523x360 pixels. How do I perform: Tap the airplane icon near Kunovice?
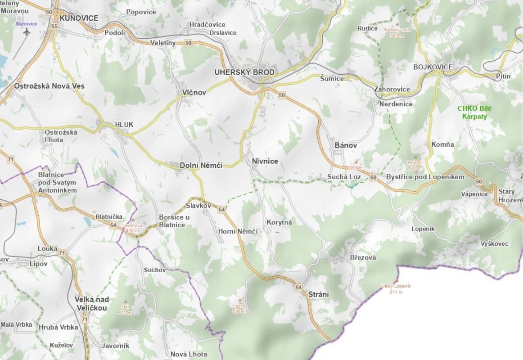coord(27,32)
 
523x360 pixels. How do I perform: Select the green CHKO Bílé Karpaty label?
coord(472,112)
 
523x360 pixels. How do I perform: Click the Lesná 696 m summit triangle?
coord(239,300)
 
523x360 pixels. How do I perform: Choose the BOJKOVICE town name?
coord(433,67)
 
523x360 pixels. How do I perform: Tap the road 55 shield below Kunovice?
coord(54,27)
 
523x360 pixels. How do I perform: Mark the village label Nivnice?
coord(265,161)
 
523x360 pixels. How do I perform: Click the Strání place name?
coord(318,294)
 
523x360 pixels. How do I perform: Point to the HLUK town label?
coord(124,125)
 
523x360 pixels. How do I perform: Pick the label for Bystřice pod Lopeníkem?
coord(425,177)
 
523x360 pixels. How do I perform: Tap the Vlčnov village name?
coord(194,92)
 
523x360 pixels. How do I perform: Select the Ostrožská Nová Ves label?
coord(49,85)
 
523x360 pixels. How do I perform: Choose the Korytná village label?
coord(279,222)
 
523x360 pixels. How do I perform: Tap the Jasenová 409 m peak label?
coord(132,228)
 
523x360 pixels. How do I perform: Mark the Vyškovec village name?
coord(494,243)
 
